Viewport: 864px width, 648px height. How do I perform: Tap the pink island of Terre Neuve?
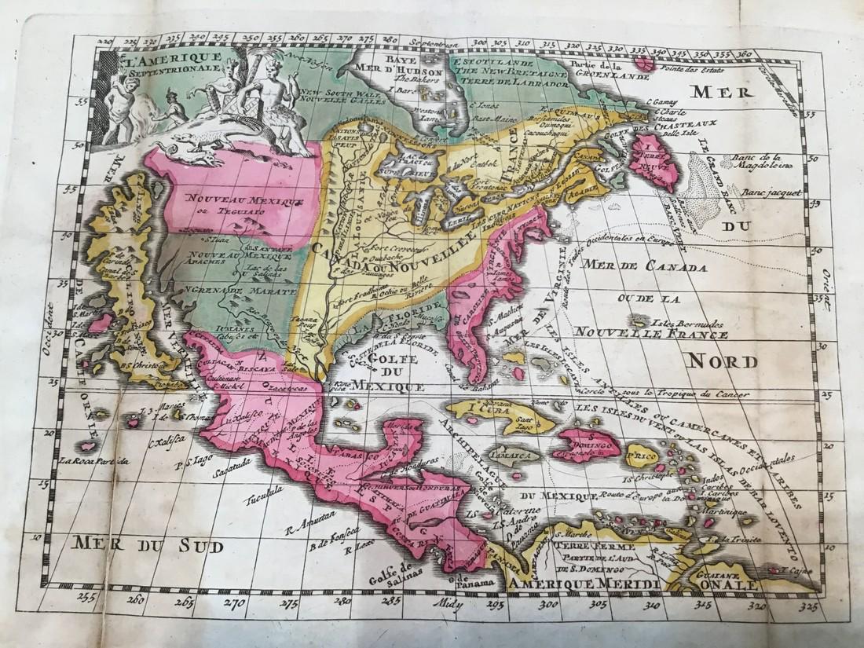pos(653,159)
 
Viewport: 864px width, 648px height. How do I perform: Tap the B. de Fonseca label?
pos(328,540)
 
